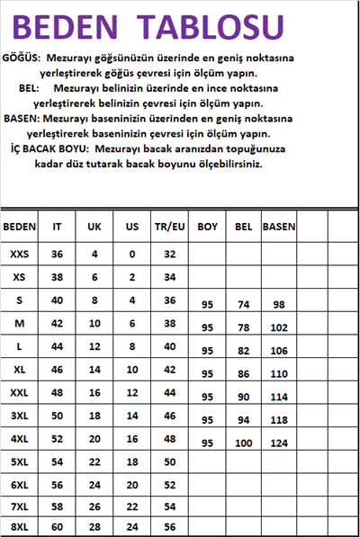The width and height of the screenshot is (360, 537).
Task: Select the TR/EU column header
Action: (169, 228)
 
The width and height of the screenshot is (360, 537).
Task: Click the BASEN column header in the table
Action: (278, 228)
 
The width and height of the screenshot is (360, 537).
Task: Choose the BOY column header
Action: (208, 228)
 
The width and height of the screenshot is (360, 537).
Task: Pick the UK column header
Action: (94, 228)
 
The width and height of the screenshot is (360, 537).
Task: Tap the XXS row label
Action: (20, 254)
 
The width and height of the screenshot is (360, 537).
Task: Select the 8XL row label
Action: (20, 526)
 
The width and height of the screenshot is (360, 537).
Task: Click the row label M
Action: (20, 322)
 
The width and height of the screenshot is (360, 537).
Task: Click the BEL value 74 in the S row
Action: (243, 306)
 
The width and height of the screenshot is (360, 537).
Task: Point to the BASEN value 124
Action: (278, 443)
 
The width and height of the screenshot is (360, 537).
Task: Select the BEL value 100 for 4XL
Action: (243, 443)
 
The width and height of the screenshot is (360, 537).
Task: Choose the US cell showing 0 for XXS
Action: (132, 254)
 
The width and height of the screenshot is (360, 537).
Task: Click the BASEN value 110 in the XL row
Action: (278, 373)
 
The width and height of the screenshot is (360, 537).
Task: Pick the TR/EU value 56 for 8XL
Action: (169, 526)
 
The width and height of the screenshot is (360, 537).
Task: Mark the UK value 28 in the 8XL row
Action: (94, 526)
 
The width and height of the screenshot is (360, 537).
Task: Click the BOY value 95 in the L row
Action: (208, 351)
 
